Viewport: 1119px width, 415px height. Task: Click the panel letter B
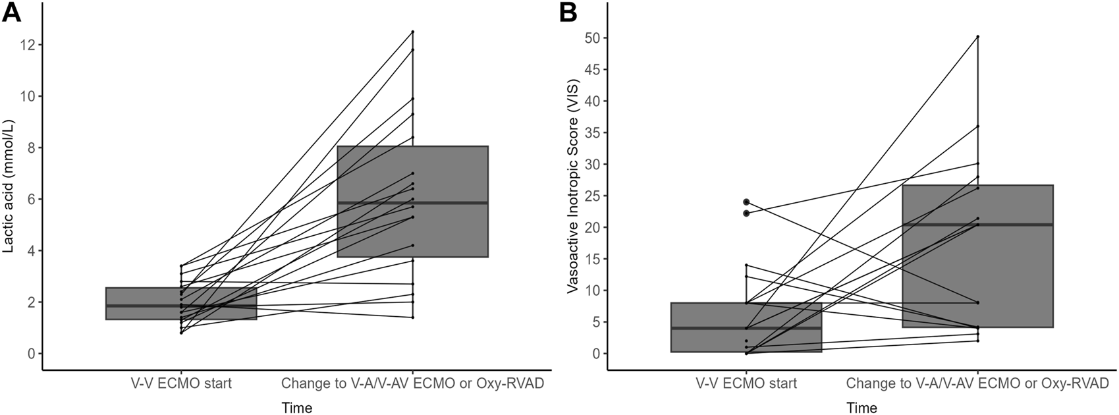(x=569, y=13)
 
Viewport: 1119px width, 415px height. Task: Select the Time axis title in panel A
(x=296, y=407)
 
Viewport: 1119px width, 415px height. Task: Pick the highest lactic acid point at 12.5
(x=412, y=32)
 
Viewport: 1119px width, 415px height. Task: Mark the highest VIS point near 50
(x=977, y=37)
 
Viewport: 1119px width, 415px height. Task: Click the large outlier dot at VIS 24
(x=746, y=202)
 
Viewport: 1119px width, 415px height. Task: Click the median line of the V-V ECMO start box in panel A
(x=180, y=306)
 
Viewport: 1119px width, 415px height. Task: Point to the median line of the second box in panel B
(x=977, y=225)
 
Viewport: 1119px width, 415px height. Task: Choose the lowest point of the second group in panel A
(x=412, y=318)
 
